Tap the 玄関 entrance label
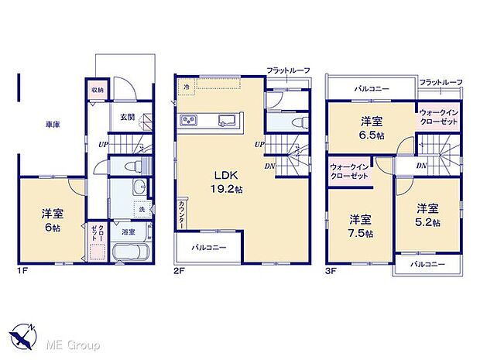point(127,117)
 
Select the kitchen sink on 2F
point(228,120)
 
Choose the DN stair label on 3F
point(421,166)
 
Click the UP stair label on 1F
point(102,144)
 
